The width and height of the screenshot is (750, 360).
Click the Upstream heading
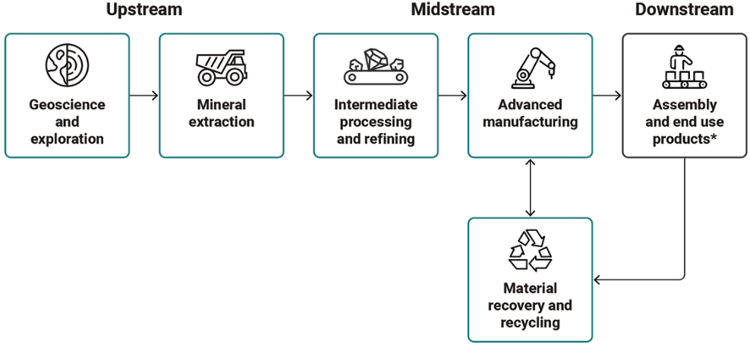coord(144,10)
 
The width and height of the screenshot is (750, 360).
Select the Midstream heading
coord(453,9)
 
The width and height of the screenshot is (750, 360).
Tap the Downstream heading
coord(684,9)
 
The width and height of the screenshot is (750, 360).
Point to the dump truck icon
coord(221,68)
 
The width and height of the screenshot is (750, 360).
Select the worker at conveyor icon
coord(685,67)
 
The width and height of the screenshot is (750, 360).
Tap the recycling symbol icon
coord(530,250)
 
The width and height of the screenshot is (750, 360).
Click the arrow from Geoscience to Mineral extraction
coord(144,96)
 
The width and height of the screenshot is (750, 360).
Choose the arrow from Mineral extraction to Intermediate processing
coord(298,96)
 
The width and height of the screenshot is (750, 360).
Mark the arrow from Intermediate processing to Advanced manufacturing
coord(453,96)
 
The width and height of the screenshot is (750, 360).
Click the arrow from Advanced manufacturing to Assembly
coord(607,96)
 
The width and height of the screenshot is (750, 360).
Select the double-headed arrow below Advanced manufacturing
coord(530,188)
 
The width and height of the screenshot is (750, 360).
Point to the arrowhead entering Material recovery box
coord(597,278)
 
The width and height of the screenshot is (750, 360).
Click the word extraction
coord(221,122)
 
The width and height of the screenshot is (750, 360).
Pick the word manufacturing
coord(530,122)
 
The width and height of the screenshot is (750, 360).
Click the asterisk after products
coord(713,137)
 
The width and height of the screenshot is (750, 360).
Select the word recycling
coord(530,322)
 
